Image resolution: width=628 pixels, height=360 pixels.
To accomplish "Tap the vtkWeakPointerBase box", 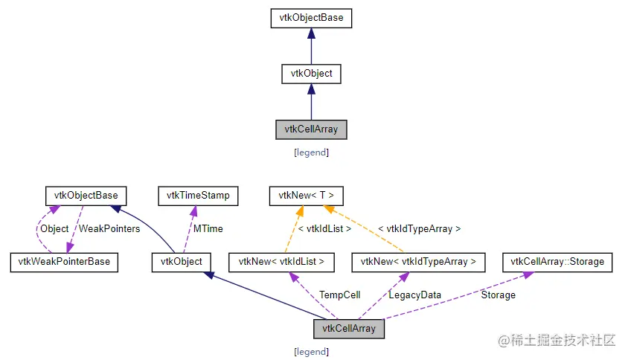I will point(64,262).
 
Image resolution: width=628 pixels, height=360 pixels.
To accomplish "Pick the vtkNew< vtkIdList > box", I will point(281,262).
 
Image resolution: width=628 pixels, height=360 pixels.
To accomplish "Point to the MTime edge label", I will point(209,229).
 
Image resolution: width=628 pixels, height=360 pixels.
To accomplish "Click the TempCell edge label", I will point(339,295).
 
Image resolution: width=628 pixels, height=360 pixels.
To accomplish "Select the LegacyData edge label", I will point(414,295).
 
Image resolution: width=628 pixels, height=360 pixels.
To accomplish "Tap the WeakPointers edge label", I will point(109,229).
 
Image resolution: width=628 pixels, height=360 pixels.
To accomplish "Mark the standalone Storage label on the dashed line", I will point(498,295).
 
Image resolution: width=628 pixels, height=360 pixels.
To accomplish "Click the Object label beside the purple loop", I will point(54,229).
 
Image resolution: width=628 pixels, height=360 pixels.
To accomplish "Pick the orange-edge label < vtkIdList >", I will point(324,229).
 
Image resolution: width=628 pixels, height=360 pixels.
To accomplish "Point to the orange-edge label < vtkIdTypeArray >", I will point(419,229).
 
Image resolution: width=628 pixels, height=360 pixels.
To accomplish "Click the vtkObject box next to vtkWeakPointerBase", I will point(182,262).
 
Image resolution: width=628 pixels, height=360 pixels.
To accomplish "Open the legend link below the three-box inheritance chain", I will point(311,152).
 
